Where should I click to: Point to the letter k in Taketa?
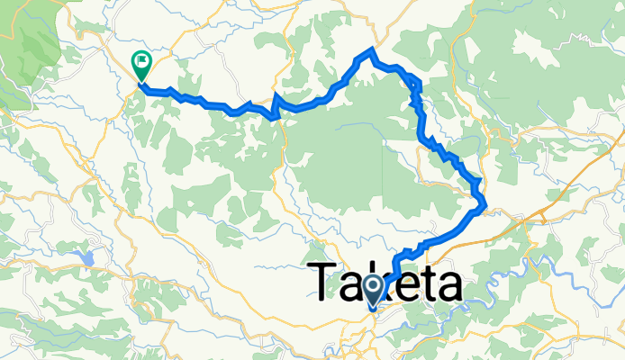[385, 281]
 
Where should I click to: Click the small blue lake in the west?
[87, 258]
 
